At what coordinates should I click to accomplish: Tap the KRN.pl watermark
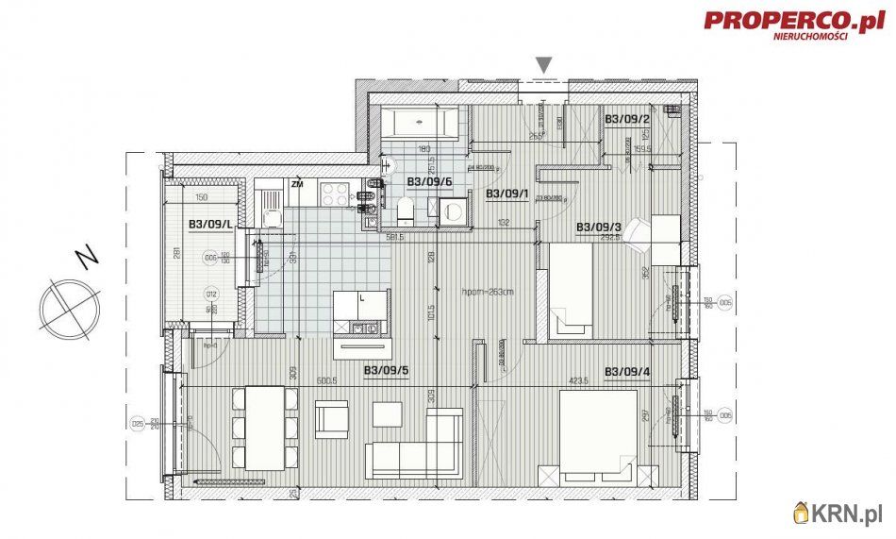pos(841,514)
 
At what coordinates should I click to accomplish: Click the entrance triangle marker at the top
pos(543,64)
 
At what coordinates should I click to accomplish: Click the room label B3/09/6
pos(429,181)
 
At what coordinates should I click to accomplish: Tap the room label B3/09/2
pos(627,119)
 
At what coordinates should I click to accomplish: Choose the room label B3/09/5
pos(386,371)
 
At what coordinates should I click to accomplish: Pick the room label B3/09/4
pos(627,371)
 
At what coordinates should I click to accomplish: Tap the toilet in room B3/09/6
pos(404,210)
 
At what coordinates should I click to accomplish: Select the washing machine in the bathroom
pos(452,211)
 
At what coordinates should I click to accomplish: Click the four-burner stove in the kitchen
pos(335,193)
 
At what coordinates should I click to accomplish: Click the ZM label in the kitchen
pos(298,183)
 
